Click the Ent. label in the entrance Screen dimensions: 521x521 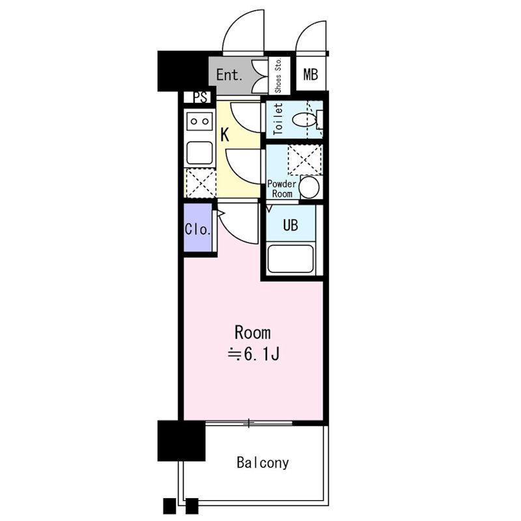point(229,75)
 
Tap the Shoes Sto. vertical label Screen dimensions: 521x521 point(278,76)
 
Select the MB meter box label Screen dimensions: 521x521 point(311,74)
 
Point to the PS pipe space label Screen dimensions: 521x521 point(201,97)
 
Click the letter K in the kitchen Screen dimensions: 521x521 point(225,135)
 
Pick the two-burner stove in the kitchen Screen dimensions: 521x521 point(199,121)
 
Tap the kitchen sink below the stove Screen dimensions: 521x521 point(199,153)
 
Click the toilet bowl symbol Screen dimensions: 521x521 point(304,120)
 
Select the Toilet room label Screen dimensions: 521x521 point(278,119)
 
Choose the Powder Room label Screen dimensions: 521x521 point(282,189)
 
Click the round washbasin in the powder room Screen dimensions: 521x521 point(309,187)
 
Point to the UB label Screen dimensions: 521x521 point(290,225)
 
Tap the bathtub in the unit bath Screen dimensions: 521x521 point(290,259)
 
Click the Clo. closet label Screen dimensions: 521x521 point(198,229)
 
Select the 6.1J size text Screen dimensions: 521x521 point(254,354)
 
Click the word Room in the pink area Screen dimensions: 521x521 point(253,333)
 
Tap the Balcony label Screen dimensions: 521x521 point(262,462)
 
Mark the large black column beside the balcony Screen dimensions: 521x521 point(182,441)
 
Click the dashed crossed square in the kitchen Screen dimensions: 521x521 point(201,183)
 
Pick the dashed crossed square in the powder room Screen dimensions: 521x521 point(305,160)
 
